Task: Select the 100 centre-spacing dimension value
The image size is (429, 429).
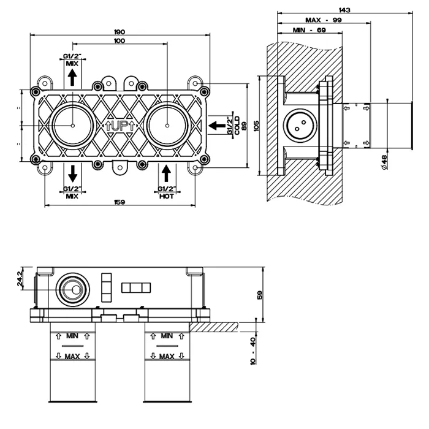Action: (x=120, y=41)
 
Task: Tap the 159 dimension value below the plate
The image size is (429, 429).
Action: (x=120, y=203)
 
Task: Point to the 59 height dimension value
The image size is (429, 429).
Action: (x=260, y=294)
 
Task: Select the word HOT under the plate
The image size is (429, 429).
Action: (x=167, y=196)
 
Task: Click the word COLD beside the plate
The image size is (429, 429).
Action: (x=237, y=126)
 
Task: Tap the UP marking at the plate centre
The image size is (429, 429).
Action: (x=120, y=126)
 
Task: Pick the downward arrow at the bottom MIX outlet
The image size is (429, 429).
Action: (x=72, y=172)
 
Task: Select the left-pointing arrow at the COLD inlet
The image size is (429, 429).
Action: (x=216, y=126)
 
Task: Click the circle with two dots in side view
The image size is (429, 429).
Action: (x=300, y=125)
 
